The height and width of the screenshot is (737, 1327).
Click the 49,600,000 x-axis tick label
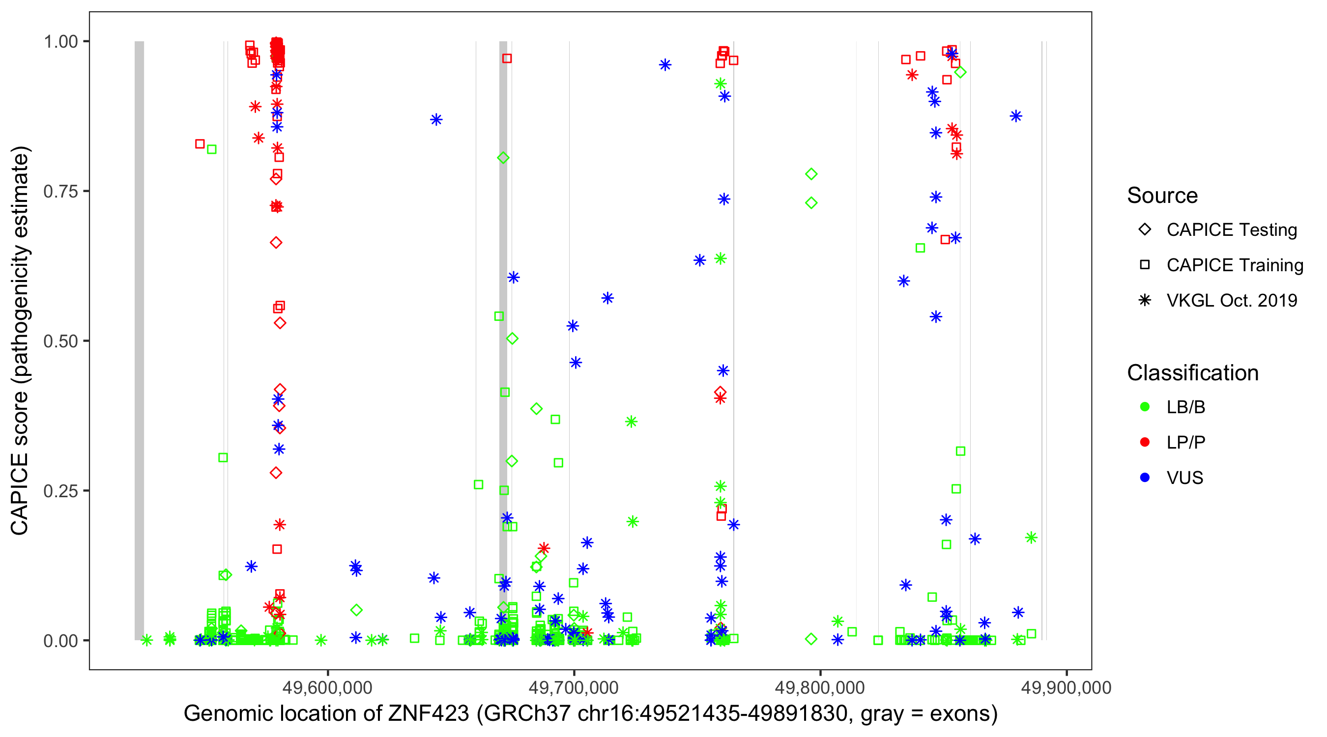pos(327,687)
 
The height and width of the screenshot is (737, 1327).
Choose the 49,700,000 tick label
pos(574,687)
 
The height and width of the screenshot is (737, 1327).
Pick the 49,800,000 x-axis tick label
pos(820,687)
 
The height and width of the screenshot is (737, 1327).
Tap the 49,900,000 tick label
pos(1066,687)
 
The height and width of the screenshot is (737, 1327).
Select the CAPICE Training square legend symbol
pos(1145,265)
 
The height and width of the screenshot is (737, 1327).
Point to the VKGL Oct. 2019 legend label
pos(1232,300)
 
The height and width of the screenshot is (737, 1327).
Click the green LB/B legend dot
pos(1145,407)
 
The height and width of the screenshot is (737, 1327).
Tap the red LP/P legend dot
pos(1145,442)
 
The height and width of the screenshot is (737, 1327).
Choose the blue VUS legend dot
pos(1145,478)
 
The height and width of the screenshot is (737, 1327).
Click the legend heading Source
pos(1162,196)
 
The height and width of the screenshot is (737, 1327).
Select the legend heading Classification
pos(1192,373)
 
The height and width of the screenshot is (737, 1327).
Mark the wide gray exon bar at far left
pos(139,340)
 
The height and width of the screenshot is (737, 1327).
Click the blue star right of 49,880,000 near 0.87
pos(1016,116)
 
